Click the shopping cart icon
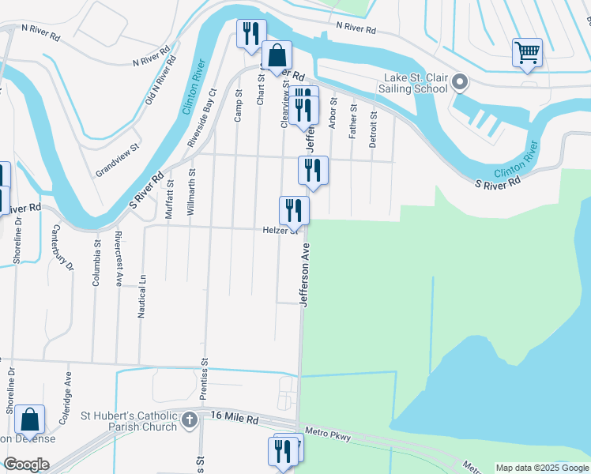pyautogui.click(x=527, y=54)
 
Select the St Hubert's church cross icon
pyautogui.click(x=190, y=419)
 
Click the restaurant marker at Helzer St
pyautogui.click(x=294, y=210)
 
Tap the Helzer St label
pyautogui.click(x=279, y=231)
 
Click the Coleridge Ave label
pyautogui.click(x=70, y=391)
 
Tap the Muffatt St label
pyautogui.click(x=169, y=198)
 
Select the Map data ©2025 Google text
pyautogui.click(x=542, y=468)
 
